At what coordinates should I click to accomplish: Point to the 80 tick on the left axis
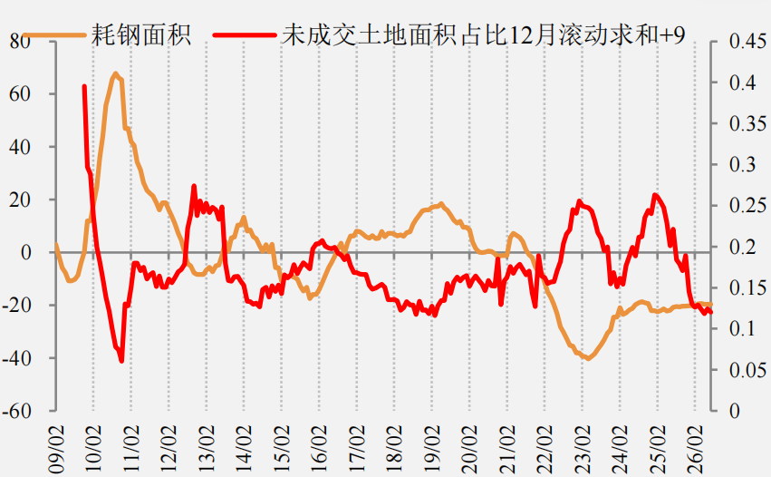click(x=20, y=41)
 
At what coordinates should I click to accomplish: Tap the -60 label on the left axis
click(x=16, y=411)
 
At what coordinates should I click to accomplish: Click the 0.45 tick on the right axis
click(x=747, y=41)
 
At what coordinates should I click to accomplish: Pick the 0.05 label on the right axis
click(x=747, y=370)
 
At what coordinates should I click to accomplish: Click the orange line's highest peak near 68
click(x=116, y=73)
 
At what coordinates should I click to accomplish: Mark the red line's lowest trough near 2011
click(x=121, y=361)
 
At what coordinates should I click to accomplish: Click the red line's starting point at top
click(x=84, y=87)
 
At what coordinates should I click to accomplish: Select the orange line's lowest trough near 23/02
click(x=588, y=358)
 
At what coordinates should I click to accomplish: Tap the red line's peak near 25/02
click(x=655, y=195)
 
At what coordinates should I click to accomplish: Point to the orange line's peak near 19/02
click(x=440, y=204)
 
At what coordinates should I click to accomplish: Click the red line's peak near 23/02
click(x=580, y=201)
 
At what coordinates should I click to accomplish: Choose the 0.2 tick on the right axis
click(x=743, y=246)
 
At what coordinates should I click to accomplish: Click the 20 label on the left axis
click(x=20, y=200)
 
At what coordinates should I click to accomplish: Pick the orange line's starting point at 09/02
click(x=56, y=244)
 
